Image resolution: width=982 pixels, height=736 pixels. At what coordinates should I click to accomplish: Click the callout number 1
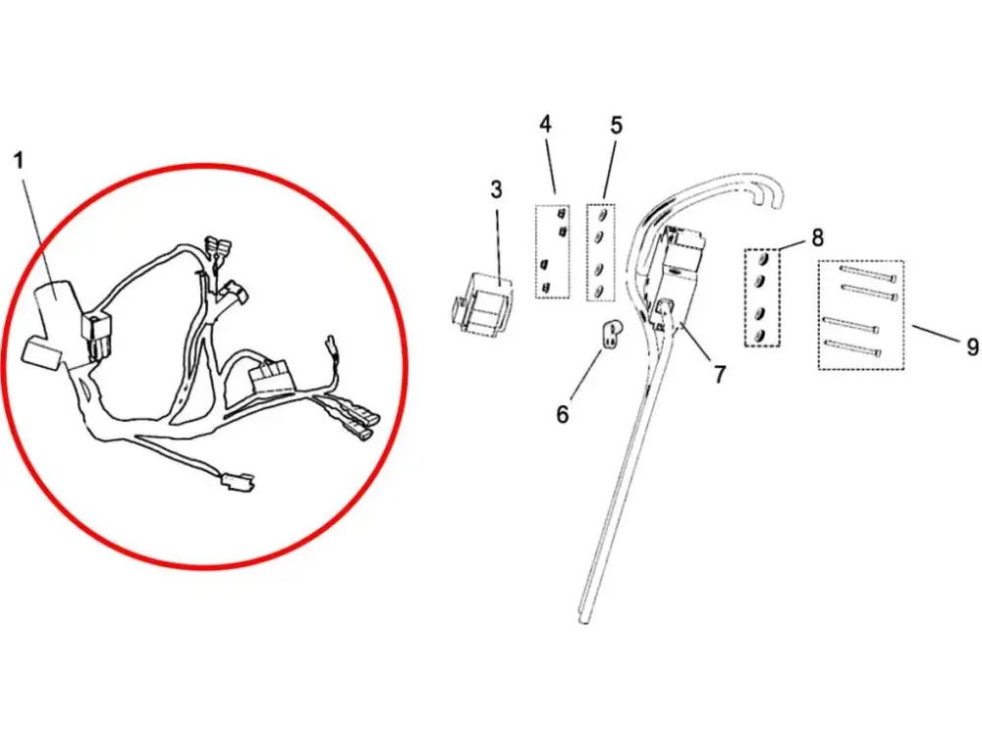pos(20,160)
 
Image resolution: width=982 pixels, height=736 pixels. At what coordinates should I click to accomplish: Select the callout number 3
pos(496,189)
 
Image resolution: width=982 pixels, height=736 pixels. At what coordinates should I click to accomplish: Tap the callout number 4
pos(545,124)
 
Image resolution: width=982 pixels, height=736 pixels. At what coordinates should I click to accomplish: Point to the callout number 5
pos(617,126)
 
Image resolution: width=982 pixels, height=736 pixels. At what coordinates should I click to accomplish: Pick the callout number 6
pos(563,414)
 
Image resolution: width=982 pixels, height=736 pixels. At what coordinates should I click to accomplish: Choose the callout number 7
pos(720,374)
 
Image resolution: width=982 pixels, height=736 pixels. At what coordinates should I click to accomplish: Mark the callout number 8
pos(817,237)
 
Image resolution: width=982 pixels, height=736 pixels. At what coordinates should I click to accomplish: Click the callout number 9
pos(972,346)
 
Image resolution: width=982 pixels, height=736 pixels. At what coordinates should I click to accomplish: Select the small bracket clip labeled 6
pos(611,333)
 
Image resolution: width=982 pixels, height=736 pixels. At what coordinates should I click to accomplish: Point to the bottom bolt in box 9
pos(853,347)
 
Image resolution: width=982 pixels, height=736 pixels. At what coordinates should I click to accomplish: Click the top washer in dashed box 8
pos(762,260)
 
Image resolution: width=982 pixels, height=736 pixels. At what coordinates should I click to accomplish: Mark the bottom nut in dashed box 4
pos(546,288)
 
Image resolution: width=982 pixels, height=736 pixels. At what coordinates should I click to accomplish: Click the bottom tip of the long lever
pos(583,619)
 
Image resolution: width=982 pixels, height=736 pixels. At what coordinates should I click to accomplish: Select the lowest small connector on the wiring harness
pos(236,483)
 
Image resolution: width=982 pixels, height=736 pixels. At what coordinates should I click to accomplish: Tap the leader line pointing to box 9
pos(936,333)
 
